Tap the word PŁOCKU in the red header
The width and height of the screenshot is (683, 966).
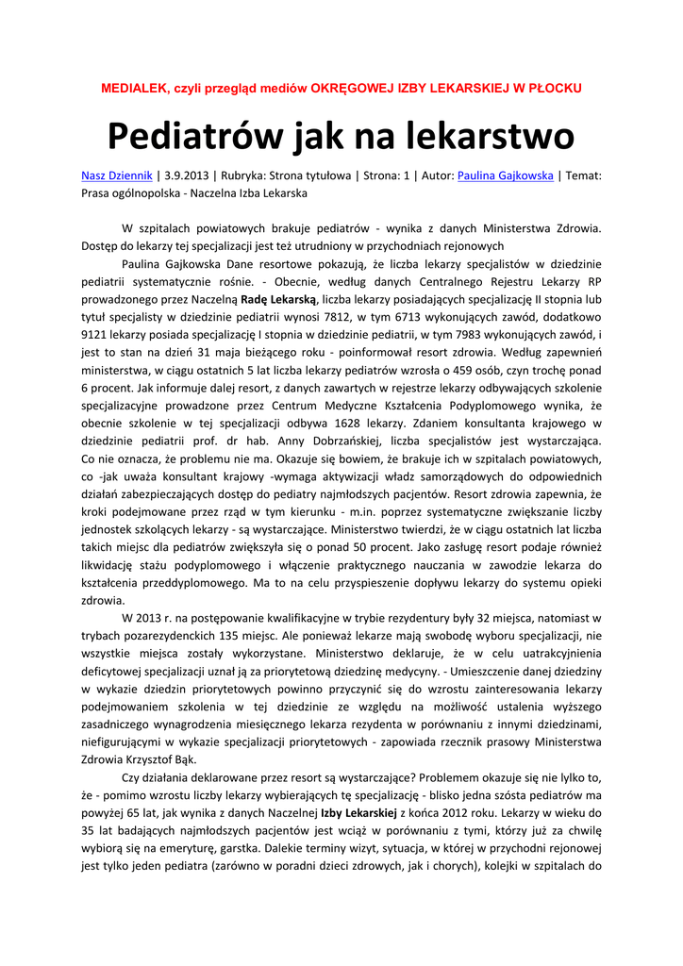552,88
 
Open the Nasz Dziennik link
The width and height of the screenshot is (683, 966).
117,175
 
